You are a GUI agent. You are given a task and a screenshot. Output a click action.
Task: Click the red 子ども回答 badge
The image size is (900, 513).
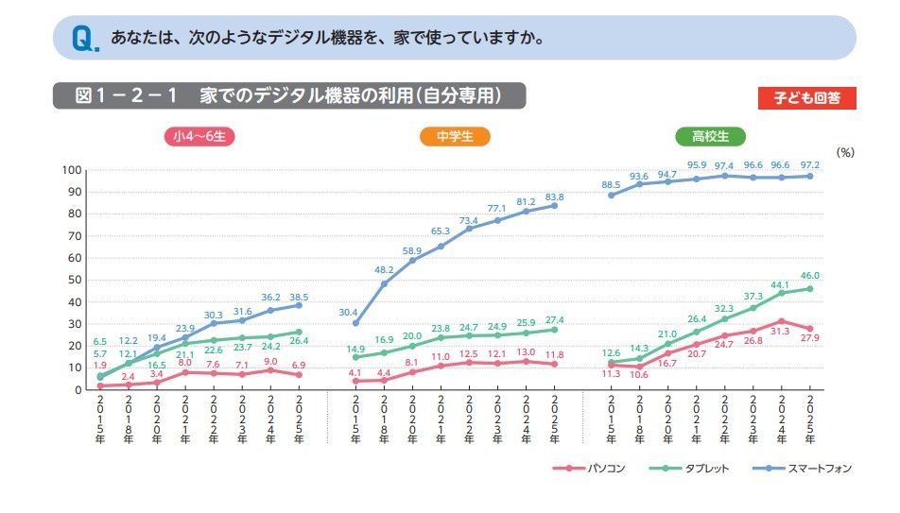pos(806,97)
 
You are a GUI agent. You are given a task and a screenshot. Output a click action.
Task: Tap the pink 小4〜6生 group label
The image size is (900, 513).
pos(199,136)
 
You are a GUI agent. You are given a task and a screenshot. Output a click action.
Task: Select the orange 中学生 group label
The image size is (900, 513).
pos(455,136)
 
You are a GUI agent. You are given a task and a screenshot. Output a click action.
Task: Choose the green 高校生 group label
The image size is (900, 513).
pos(710,136)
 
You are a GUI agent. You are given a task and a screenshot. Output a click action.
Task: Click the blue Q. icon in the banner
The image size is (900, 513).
pos(84,39)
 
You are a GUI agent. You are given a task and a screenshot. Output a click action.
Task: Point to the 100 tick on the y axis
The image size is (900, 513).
pos(70,170)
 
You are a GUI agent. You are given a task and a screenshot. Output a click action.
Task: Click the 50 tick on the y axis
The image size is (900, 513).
pos(73,280)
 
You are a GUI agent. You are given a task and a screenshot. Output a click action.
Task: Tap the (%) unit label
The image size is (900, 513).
pos(845,151)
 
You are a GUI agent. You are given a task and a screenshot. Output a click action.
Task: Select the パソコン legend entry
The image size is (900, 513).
pos(586,468)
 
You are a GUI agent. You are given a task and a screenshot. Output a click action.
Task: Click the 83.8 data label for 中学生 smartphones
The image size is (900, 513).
pos(554,197)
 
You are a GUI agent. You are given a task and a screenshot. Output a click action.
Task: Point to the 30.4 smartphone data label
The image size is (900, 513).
pos(349,313)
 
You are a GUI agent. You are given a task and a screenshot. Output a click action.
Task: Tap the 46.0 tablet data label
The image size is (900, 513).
pos(809,274)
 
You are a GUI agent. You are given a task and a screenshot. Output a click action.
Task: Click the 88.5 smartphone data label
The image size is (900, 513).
pos(611,183)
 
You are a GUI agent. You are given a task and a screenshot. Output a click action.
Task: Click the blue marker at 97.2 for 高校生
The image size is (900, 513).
pos(809,176)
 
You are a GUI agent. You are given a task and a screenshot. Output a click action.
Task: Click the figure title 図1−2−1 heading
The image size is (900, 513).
pos(288,95)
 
